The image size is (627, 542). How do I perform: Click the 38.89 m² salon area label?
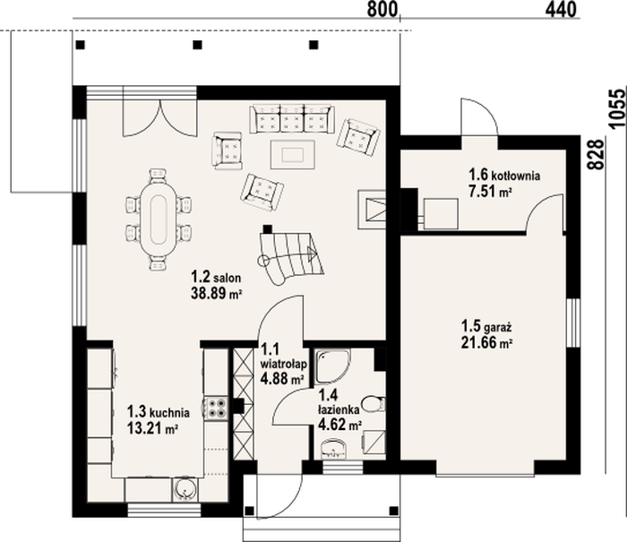point(217,294)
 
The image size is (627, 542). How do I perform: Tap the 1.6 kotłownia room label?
point(504,176)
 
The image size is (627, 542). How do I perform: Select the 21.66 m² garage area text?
point(487,343)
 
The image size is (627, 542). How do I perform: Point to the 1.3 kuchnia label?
point(159,411)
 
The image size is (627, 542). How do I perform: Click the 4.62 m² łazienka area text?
point(339,425)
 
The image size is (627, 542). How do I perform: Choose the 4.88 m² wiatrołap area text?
point(281,378)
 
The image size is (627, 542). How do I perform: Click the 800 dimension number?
point(382,10)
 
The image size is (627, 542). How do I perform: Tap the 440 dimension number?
point(561,10)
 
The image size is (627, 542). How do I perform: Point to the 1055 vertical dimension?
point(617,108)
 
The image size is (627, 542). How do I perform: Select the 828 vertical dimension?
point(597,155)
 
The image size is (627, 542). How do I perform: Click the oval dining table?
point(158,220)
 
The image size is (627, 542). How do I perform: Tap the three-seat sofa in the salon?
point(291,119)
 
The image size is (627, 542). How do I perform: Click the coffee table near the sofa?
point(292,154)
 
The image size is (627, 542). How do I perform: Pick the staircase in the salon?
point(290,257)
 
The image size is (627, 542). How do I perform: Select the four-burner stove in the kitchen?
point(217,408)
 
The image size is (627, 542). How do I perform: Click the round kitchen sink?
point(185,489)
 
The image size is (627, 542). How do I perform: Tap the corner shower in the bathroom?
point(332,366)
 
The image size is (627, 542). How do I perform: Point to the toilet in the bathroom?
point(374,404)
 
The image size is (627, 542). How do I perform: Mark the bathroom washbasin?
point(333,448)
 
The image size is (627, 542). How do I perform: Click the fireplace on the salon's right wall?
point(372,210)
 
